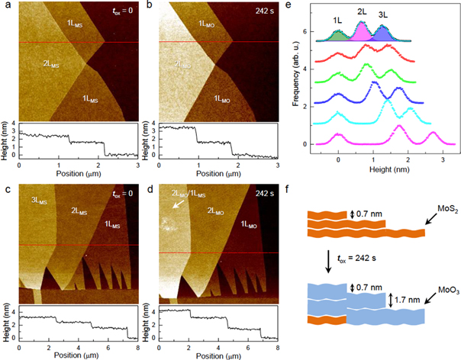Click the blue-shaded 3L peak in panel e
click(382, 32)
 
